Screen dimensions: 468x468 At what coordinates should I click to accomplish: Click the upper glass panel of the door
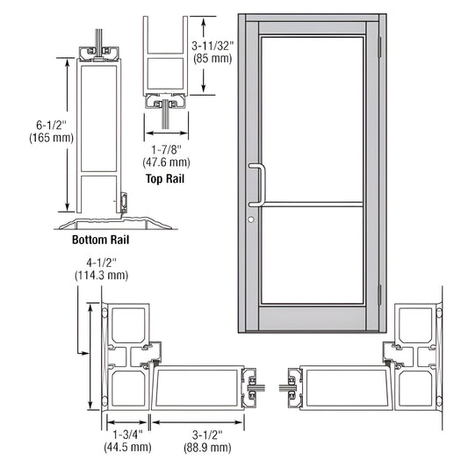point(313,119)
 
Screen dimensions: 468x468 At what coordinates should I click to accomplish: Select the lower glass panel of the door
point(313,255)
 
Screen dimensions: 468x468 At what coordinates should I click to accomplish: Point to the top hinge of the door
point(379,42)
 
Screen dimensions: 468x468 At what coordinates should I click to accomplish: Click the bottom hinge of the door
point(379,295)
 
